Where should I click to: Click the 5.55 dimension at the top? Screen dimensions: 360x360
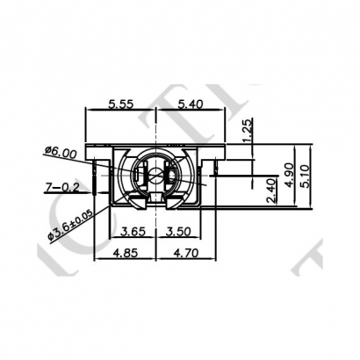(122, 104)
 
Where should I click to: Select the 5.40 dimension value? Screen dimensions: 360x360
(191, 104)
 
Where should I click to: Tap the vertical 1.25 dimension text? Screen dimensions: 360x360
(249, 129)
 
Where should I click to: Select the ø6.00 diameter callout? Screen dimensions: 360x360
(59, 153)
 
